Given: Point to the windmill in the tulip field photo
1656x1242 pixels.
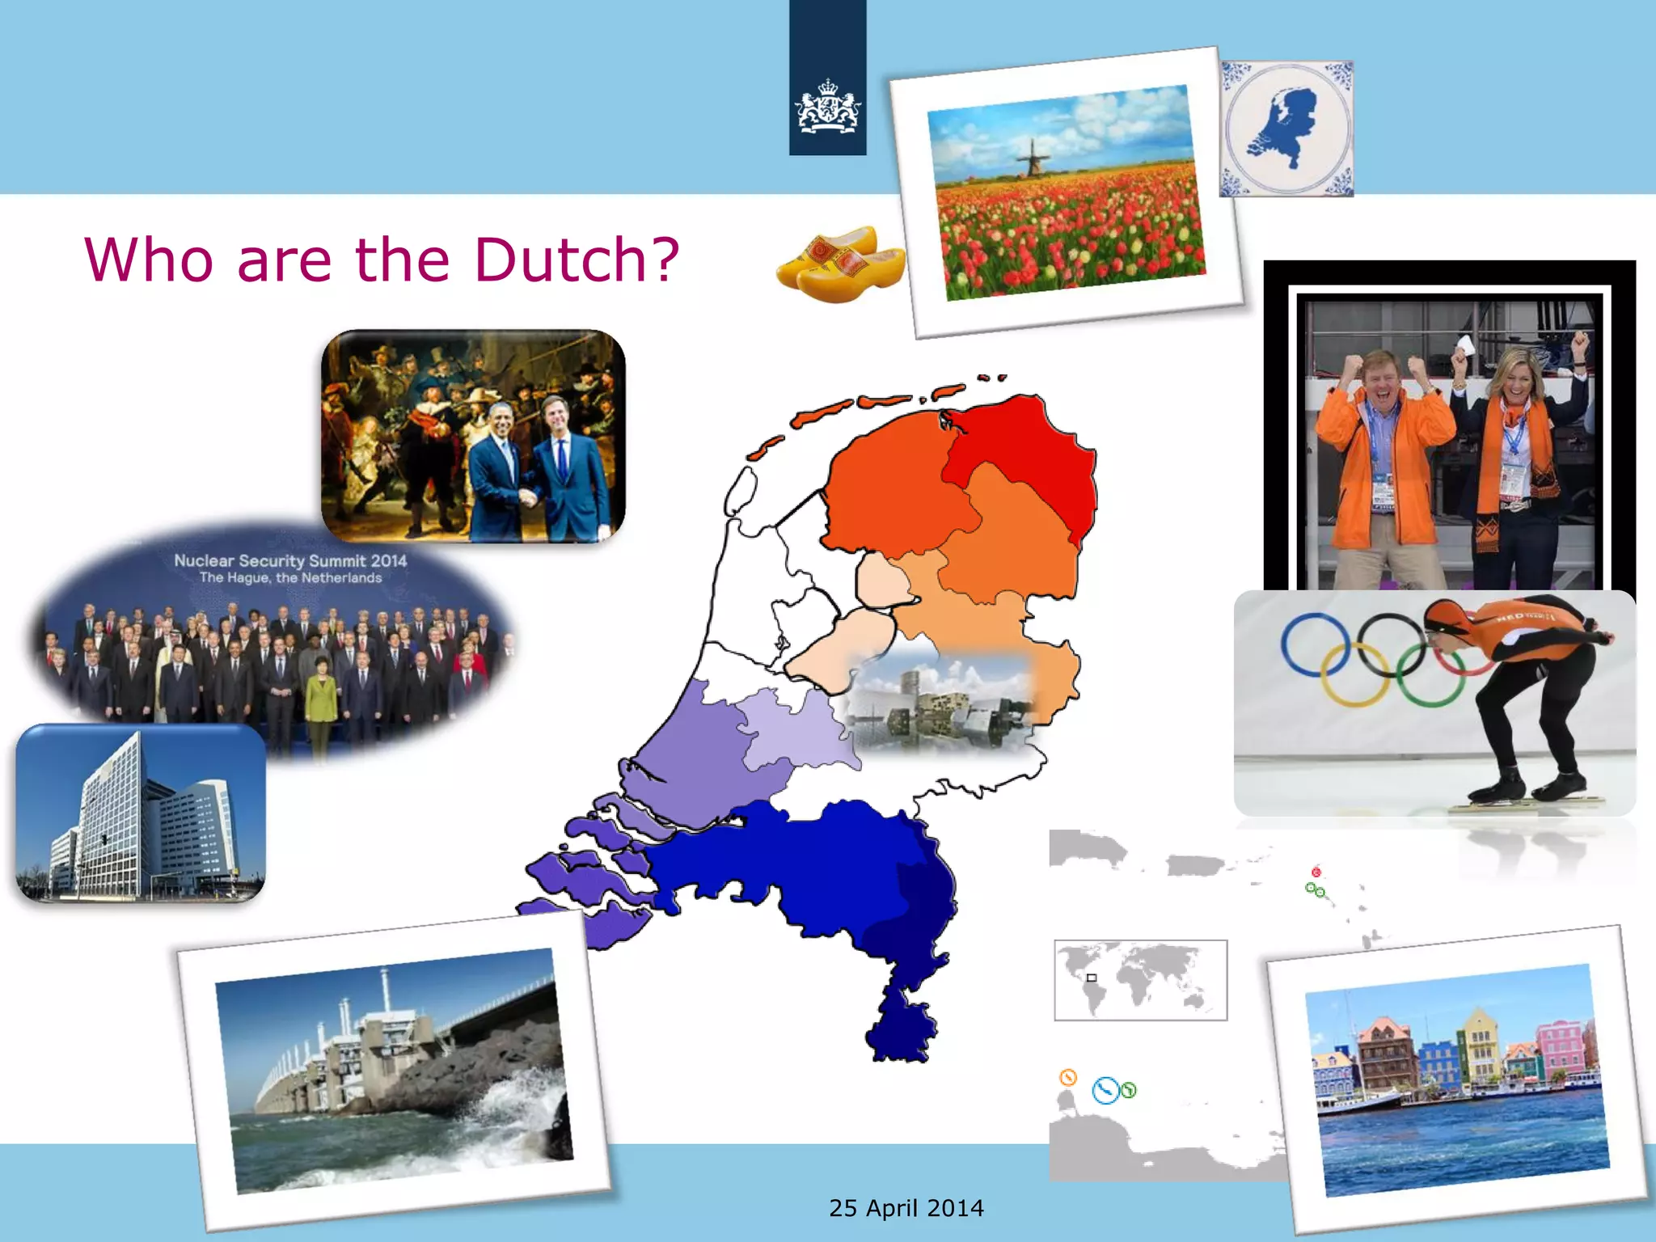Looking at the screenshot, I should (x=1033, y=158).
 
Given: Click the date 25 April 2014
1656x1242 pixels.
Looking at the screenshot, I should (x=906, y=1208).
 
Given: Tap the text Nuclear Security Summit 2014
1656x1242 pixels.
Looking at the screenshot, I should (x=290, y=560).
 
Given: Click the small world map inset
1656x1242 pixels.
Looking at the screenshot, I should (x=1140, y=980).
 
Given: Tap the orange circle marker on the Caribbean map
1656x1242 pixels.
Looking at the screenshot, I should (x=1068, y=1077).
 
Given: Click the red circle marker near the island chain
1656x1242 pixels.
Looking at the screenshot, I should (x=1316, y=872).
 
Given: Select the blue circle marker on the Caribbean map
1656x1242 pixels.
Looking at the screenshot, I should (x=1105, y=1090).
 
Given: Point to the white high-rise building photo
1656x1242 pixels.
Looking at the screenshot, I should (x=141, y=813).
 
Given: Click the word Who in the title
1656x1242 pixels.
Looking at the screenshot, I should (x=149, y=260).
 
